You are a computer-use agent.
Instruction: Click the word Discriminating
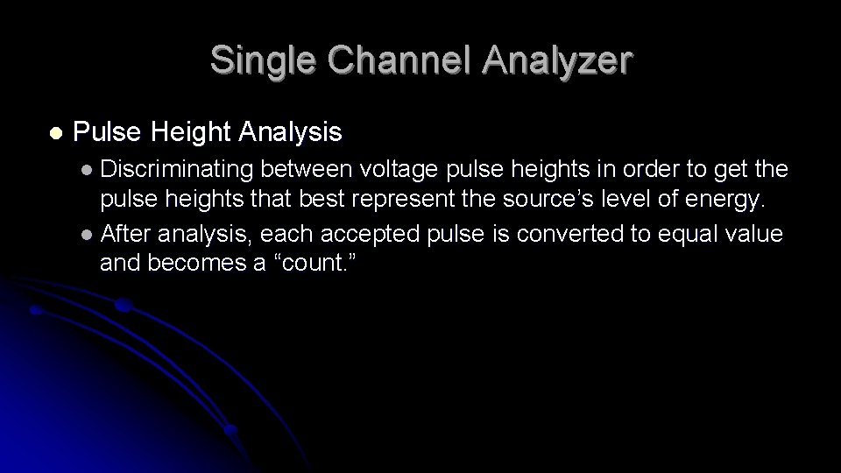174,168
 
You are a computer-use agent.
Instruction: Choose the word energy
724,201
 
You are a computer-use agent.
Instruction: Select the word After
124,233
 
